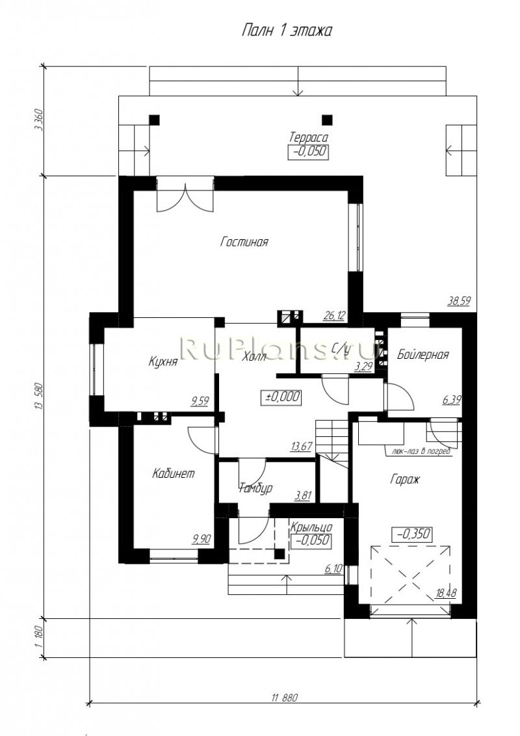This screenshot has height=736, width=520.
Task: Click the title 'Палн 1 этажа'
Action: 287,31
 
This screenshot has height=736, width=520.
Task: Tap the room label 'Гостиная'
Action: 244,243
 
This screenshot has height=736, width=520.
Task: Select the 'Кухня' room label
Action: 163,361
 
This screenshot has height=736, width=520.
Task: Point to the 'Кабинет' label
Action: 173,473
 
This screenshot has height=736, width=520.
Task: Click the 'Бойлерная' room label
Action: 423,354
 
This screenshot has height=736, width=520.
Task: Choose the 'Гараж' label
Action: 404,479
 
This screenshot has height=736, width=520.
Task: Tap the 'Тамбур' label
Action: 256,488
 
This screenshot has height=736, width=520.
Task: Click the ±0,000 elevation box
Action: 281,397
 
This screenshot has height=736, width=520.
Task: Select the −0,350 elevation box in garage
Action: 411,534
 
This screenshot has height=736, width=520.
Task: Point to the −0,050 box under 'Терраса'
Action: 308,152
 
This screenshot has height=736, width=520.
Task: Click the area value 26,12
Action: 334,316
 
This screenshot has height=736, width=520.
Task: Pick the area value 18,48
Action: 446,594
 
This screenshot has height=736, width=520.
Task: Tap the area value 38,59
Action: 459,301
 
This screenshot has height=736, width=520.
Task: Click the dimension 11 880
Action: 284,698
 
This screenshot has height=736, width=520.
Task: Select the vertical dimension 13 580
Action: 39,397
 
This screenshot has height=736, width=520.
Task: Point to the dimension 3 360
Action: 39,121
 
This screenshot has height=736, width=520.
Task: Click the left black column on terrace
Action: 154,119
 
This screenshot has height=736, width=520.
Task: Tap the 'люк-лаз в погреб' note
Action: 418,452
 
